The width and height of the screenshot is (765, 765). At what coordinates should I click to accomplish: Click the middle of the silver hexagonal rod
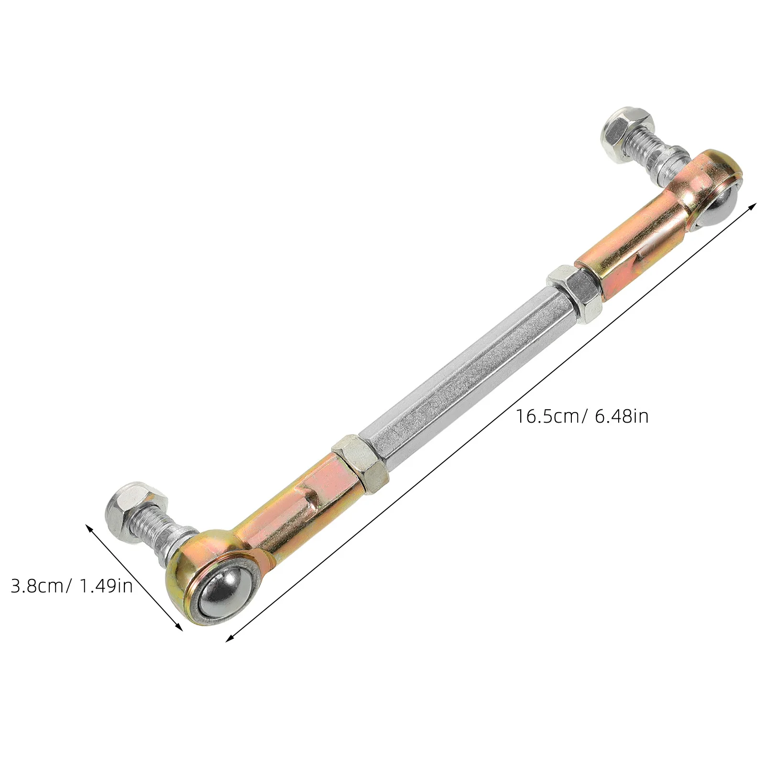click(x=466, y=378)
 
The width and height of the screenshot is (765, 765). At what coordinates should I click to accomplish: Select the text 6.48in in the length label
click(x=622, y=416)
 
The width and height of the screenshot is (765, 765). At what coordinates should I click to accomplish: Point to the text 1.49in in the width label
click(x=106, y=586)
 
